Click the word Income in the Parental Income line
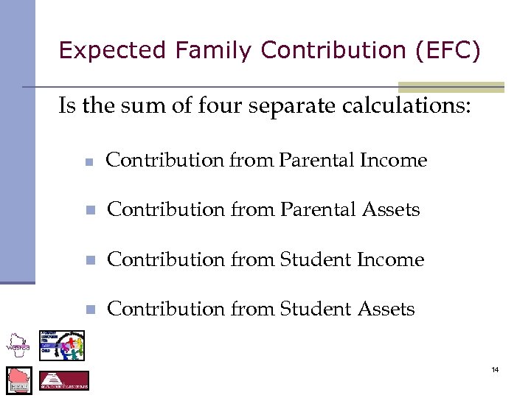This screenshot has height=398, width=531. pos(394,161)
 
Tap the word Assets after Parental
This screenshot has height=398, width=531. pos(390,210)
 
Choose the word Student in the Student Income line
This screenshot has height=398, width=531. pos(316,260)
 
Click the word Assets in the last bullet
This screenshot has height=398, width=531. pos(386,310)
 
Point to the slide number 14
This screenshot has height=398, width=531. pos(495,369)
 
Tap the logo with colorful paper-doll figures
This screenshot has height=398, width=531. pos(62,346)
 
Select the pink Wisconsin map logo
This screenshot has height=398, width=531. pos(19,380)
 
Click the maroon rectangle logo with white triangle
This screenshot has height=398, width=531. pos(64,380)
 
